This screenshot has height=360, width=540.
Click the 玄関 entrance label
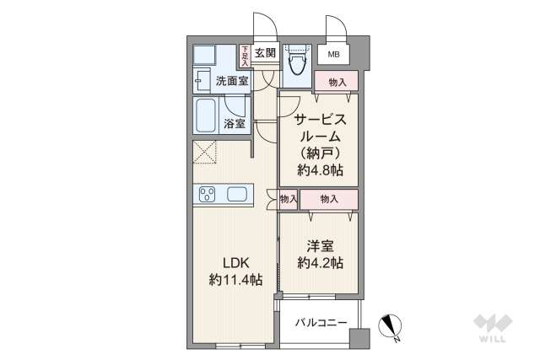pyautogui.click(x=264, y=53)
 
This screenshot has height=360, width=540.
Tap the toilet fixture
pyautogui.click(x=296, y=62)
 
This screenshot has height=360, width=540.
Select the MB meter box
pyautogui.click(x=334, y=55)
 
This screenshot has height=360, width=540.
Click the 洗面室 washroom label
pyautogui.click(x=231, y=82)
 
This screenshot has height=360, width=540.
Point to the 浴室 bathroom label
pyautogui.click(x=235, y=124)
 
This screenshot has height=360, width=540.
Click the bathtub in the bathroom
pyautogui.click(x=208, y=116)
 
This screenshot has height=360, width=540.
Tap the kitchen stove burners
pyautogui.click(x=208, y=196)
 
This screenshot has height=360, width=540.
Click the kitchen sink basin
pyautogui.click(x=237, y=195)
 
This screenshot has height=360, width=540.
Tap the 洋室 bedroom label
pyautogui.click(x=319, y=246)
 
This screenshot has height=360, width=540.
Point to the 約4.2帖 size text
pyautogui.click(x=319, y=264)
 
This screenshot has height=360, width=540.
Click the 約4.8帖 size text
pyautogui.click(x=319, y=169)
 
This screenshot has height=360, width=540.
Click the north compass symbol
pyautogui.click(x=391, y=325)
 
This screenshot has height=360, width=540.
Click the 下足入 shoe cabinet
pyautogui.click(x=245, y=56)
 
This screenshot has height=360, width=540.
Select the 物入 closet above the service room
pyautogui.click(x=337, y=82)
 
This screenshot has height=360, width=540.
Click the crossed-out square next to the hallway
pyautogui.click(x=205, y=153)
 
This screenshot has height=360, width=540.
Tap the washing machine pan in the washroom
pyautogui.click(x=204, y=56)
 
